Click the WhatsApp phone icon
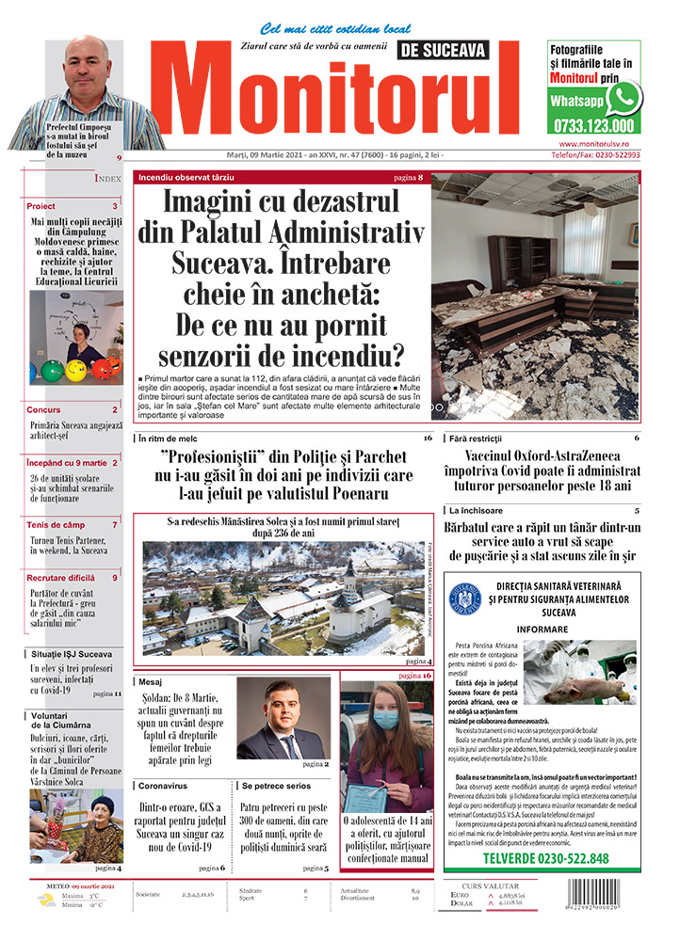[x=623, y=97]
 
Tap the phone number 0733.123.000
[x=594, y=125]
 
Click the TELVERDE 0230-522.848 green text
[x=545, y=858]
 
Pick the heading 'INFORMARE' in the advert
[x=542, y=629]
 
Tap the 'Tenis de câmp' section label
[x=56, y=524]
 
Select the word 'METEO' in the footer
[x=64, y=886]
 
